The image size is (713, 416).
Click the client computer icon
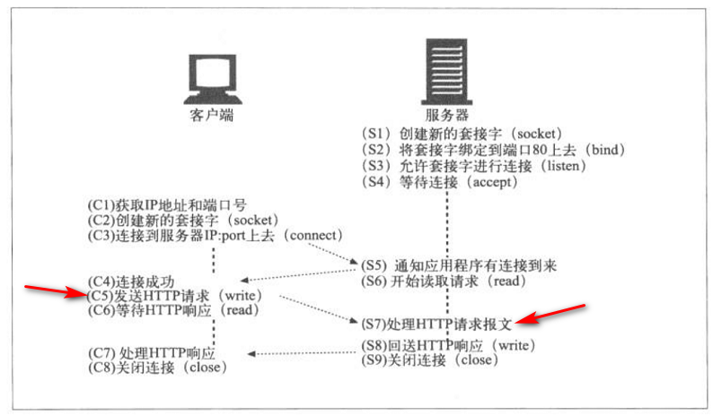point(213,79)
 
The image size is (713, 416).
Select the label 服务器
point(447,116)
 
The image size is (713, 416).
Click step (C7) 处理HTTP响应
point(153,351)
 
